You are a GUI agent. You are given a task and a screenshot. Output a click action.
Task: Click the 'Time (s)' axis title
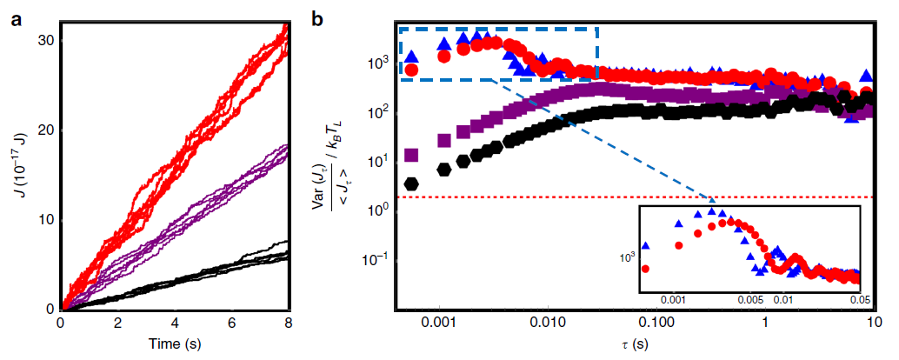coord(175,345)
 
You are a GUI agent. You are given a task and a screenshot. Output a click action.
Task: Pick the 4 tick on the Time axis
coord(175,323)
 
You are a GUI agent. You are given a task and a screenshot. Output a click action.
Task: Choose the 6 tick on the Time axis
coord(232,323)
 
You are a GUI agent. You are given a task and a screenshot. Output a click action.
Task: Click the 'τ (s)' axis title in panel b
coord(635,345)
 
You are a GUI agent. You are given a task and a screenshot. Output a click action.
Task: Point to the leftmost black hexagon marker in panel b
coord(411,183)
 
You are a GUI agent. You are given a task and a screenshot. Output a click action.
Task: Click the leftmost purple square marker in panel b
coord(411,156)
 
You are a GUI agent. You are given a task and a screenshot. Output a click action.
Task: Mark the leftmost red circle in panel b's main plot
coord(411,69)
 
